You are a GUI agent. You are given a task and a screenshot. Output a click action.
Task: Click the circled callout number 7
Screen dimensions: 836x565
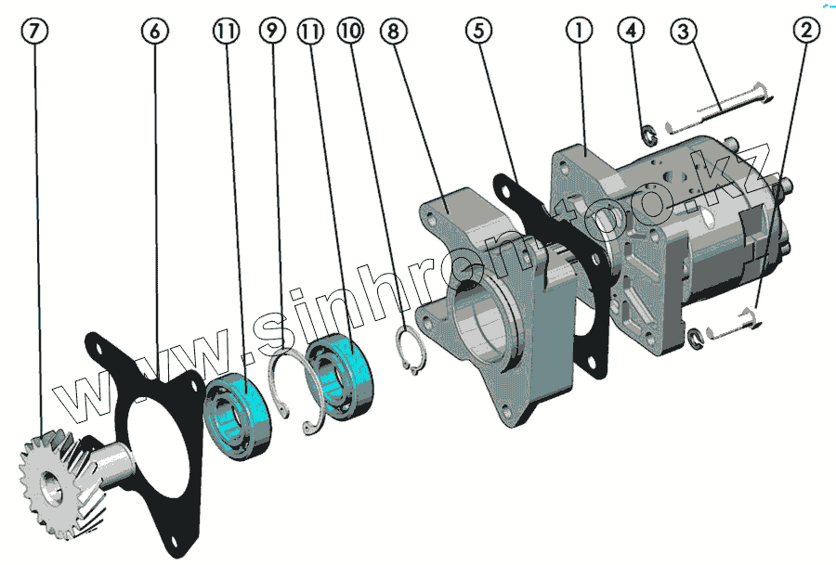(34, 31)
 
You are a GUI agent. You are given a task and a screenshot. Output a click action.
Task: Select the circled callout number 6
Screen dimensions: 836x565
(154, 31)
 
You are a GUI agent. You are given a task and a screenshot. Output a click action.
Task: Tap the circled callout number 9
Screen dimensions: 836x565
(272, 31)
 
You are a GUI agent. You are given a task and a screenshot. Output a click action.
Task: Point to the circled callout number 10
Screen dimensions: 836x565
(350, 31)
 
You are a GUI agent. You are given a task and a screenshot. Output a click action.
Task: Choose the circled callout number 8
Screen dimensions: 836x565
(394, 31)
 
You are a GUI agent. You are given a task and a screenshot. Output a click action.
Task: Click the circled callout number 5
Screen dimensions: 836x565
(478, 31)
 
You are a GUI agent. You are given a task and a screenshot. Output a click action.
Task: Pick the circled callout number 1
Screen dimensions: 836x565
(579, 31)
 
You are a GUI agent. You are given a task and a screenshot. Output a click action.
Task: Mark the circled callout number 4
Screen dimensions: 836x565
(632, 31)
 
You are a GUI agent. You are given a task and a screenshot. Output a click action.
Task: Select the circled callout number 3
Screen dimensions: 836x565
(684, 31)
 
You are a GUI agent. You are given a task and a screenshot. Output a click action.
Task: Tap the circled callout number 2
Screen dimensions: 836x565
(806, 31)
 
